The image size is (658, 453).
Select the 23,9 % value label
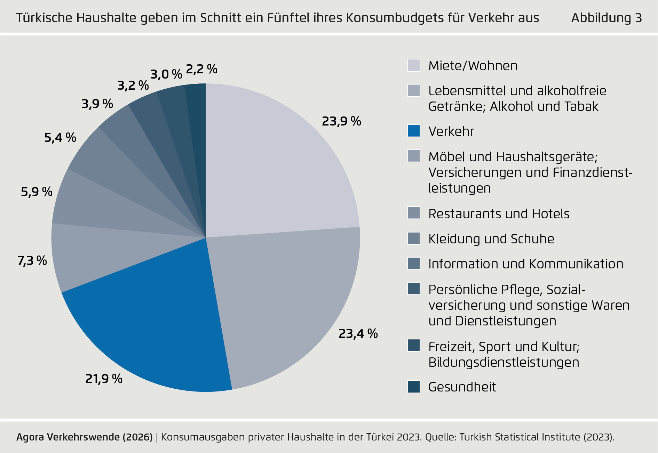(x=341, y=121)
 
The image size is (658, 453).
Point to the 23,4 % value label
(x=358, y=334)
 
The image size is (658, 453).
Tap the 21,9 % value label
(x=104, y=379)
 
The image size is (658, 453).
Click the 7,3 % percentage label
(x=32, y=260)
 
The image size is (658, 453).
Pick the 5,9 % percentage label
(x=37, y=192)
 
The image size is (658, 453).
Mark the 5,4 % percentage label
(x=60, y=138)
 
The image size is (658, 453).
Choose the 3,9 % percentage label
(x=97, y=104)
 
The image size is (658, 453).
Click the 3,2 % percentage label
(x=133, y=86)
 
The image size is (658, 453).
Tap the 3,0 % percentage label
(x=166, y=74)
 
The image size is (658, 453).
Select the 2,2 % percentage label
(x=201, y=69)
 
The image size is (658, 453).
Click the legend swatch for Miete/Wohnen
(x=414, y=65)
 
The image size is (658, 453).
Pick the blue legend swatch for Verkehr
(x=414, y=131)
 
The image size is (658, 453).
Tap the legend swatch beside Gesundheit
(x=414, y=387)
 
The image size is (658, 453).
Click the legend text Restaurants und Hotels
(x=499, y=214)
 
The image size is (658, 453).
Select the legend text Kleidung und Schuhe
(x=491, y=239)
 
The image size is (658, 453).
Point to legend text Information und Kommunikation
(x=526, y=264)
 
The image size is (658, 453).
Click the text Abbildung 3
(x=607, y=18)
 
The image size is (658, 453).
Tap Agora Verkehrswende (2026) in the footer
(x=85, y=437)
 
